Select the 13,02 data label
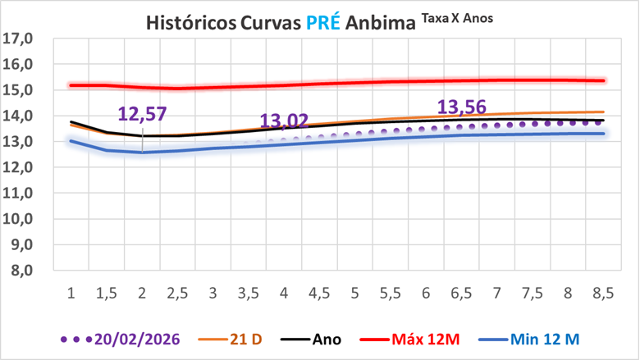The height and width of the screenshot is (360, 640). [284, 121]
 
